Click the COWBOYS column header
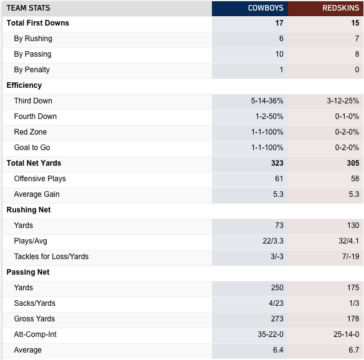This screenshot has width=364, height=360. (x=266, y=8)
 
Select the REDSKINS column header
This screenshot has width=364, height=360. (x=341, y=8)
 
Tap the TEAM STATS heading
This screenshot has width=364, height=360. (x=28, y=8)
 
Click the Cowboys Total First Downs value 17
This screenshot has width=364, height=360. (x=279, y=23)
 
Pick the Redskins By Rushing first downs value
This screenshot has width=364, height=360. (x=357, y=39)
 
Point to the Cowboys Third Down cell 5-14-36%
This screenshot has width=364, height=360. (x=267, y=101)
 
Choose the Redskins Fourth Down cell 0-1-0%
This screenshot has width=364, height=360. (x=347, y=116)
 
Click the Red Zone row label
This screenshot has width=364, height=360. (x=31, y=132)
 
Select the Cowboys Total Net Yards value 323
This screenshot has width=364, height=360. (x=277, y=163)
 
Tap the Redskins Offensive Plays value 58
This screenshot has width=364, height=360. (x=355, y=179)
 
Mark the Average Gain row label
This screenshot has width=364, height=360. (x=37, y=194)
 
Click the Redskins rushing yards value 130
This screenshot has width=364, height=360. (x=353, y=225)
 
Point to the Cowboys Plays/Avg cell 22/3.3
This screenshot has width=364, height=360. (x=273, y=241)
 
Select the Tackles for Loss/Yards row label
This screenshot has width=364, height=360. (x=51, y=257)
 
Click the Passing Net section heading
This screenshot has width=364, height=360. (x=28, y=272)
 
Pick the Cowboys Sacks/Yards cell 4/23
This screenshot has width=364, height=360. (x=276, y=303)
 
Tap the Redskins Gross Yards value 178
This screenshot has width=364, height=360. (x=353, y=319)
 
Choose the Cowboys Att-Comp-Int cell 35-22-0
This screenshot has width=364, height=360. (x=271, y=334)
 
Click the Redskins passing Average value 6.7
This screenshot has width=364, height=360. (x=354, y=350)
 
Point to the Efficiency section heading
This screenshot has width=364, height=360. (x=24, y=85)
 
